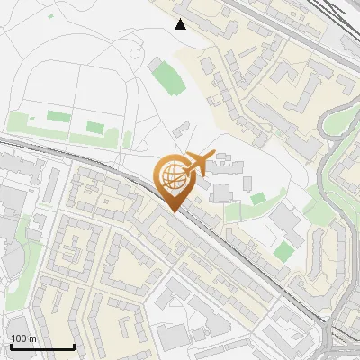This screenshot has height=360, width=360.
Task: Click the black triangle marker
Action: [x=181, y=24]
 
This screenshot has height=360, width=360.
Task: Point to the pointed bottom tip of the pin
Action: [x=173, y=211]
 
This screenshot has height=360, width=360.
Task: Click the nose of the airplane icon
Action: [x=216, y=155]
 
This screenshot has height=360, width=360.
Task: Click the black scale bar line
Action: [x=42, y=346]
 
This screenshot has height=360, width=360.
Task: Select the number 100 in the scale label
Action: [x=19, y=338]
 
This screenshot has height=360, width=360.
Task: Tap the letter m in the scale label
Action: [x=31, y=338]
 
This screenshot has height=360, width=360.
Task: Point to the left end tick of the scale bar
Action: [x=11, y=345]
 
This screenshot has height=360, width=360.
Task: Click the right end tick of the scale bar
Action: [x=74, y=345]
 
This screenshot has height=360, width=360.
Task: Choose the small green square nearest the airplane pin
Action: [x=258, y=199]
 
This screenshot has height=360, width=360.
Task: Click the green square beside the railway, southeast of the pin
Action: [x=284, y=251]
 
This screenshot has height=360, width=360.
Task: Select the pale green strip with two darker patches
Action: [x=67, y=123]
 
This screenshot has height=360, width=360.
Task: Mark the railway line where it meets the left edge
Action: [x=2, y=141]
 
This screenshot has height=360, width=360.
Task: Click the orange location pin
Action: [x=173, y=181]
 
